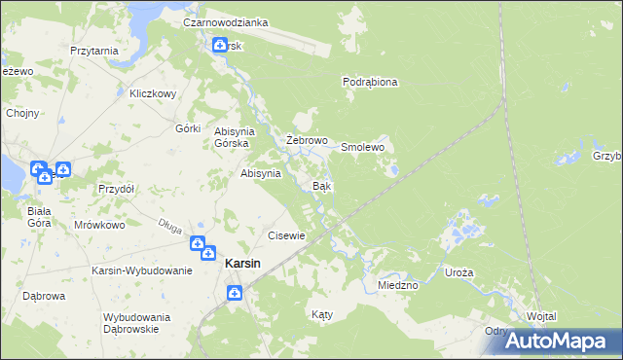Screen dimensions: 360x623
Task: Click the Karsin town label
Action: [x=242, y=263]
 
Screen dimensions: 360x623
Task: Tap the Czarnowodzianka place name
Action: [x=226, y=21]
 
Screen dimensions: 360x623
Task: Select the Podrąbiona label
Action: [x=370, y=83]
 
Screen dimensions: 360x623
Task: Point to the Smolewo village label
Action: [x=363, y=147]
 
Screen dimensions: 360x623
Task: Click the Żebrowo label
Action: [x=306, y=140]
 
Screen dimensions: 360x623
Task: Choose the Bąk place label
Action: [x=320, y=185]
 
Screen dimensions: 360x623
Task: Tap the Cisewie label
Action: [x=287, y=235]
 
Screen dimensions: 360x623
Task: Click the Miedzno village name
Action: [x=397, y=285]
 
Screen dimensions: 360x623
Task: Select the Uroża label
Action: [x=458, y=273]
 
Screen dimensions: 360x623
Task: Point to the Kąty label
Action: [x=321, y=314]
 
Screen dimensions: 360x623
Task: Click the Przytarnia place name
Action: [x=94, y=50]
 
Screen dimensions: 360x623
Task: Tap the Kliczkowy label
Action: [x=152, y=94]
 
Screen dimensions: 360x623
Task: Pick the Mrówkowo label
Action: [x=100, y=225]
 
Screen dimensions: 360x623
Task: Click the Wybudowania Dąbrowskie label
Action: [x=137, y=323]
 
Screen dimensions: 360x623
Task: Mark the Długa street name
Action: [x=169, y=227]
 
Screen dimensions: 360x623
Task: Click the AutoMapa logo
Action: [x=554, y=341]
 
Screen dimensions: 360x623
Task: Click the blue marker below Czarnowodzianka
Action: [x=220, y=45]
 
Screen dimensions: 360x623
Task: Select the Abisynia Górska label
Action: [x=234, y=137]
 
